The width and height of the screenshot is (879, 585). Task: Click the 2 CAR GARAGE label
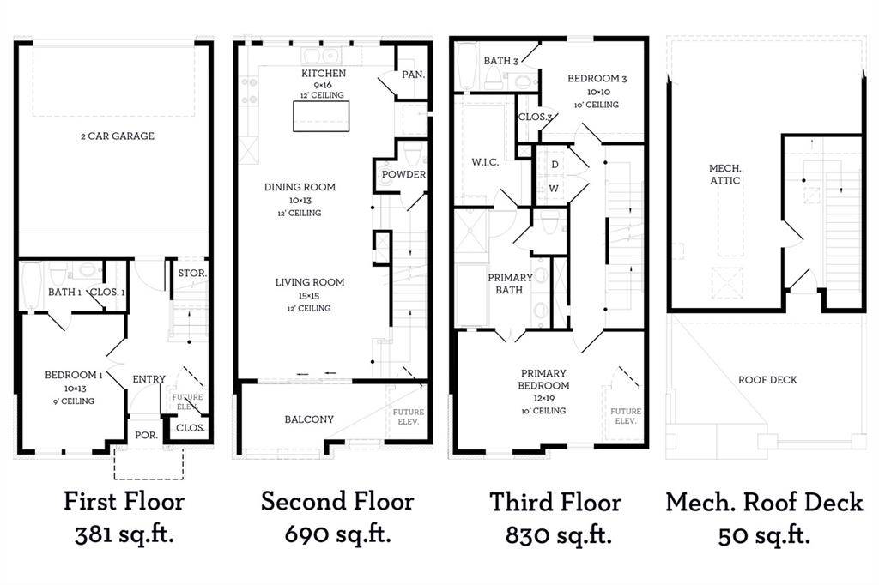pos(117,136)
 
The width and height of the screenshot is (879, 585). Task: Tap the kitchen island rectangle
pos(321,116)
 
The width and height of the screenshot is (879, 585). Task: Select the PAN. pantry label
pos(413,75)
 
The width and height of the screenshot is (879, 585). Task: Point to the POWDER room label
pos(403,174)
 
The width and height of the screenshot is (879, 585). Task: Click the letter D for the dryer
pos(555,164)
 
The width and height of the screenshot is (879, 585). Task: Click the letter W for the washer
pos(554,188)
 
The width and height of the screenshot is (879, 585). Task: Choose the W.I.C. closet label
pos(485,162)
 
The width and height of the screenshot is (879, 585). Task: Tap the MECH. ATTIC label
pos(724,174)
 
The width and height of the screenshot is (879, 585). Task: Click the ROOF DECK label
pos(767,379)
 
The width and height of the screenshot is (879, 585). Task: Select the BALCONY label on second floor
pos(309,419)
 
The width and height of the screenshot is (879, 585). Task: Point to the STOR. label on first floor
pos(192,274)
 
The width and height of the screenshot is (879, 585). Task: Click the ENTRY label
pos(149,379)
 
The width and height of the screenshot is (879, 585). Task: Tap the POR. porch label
pos(146,436)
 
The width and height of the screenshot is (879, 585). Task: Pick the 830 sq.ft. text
pos(558,536)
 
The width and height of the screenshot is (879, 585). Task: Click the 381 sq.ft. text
pos(124,534)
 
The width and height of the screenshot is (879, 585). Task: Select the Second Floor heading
pos(337,501)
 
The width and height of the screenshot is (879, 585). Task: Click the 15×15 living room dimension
pos(309,296)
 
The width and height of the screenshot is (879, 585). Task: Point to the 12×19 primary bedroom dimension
pos(543,398)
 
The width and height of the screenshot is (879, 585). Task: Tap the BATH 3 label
pos(501,61)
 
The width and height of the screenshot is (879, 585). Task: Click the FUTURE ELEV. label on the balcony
pos(408,416)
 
